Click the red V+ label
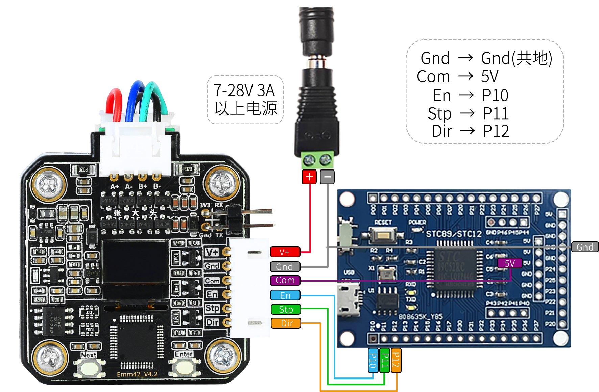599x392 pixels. [285, 252]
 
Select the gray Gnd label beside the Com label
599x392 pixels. [285, 267]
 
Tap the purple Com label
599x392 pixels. [285, 280]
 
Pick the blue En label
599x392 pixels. [285, 295]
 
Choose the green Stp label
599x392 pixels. [286, 309]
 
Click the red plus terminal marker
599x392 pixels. [309, 177]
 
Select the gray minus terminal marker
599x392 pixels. [327, 177]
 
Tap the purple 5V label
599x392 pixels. [509, 263]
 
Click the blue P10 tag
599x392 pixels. [373, 360]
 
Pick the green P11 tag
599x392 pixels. [385, 360]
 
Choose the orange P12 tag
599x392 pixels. [396, 360]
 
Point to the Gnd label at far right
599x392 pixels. [585, 247]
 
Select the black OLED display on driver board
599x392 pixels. [135, 262]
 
